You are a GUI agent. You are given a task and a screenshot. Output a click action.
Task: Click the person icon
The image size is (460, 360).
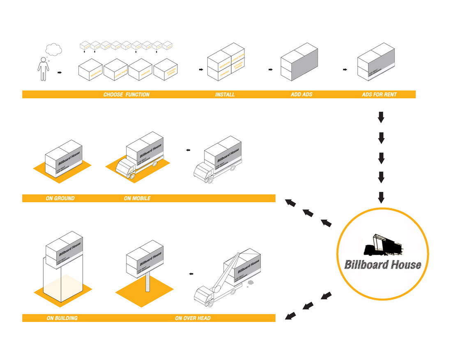42,69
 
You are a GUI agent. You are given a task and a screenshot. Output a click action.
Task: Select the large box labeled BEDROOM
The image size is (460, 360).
90,69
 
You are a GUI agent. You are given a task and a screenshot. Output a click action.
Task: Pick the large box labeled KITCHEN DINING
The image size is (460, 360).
166,69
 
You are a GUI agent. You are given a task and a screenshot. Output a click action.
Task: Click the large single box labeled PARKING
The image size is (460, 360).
140,69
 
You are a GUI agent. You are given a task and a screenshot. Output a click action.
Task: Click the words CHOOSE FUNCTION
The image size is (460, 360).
126,95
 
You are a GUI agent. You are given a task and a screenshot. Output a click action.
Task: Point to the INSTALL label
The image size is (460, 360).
225,95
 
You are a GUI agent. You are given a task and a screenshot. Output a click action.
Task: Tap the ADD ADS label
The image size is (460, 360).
301,95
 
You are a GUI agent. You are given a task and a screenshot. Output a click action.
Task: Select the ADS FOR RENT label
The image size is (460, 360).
379,95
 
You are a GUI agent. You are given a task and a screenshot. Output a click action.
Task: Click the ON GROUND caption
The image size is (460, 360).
60,198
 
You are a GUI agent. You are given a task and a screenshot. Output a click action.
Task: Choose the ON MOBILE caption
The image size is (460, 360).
137,198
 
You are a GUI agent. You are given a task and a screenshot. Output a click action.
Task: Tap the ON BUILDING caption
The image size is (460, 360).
62,318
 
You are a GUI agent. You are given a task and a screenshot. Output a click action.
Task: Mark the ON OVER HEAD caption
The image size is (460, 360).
193,318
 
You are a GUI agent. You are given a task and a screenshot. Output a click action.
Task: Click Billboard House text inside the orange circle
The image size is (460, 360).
382,264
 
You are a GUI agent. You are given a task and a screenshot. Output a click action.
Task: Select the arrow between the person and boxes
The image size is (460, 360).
60,73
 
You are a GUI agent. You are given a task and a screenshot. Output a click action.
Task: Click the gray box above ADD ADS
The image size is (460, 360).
299,65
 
